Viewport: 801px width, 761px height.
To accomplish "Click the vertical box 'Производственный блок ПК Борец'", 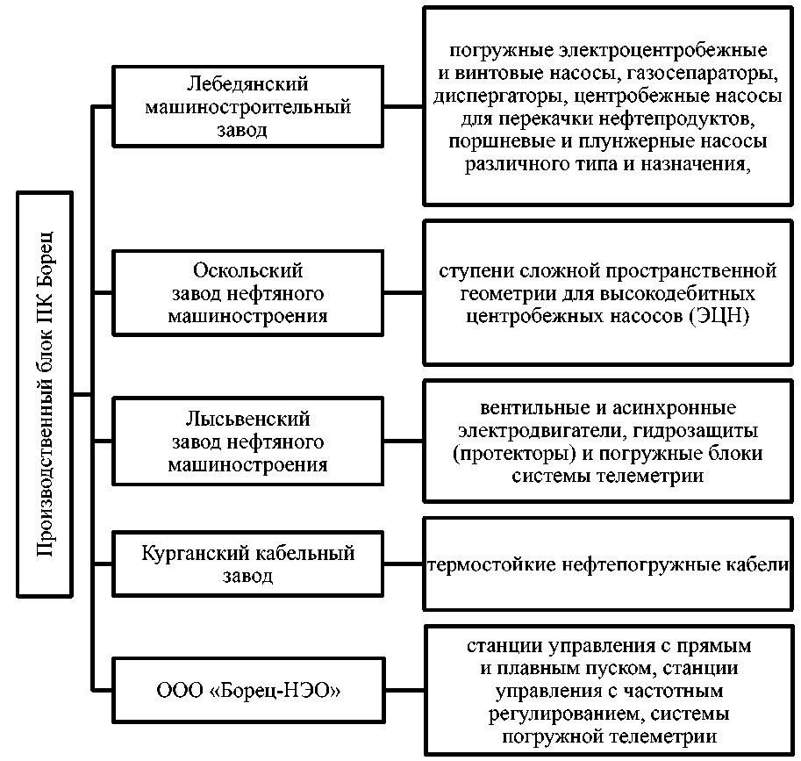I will (46, 392).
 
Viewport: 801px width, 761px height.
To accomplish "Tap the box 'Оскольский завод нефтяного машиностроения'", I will (248, 292).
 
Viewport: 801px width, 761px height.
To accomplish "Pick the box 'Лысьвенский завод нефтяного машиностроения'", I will (248, 442).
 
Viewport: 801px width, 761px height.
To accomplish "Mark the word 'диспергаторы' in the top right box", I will (488, 94).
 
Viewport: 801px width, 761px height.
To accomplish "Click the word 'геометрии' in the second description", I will (483, 292).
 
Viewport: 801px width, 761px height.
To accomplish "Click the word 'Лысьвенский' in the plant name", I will (248, 420).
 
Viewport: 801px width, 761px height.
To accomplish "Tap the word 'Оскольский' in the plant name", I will (248, 270).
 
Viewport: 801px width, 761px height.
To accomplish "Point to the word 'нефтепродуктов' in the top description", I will (687, 117).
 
